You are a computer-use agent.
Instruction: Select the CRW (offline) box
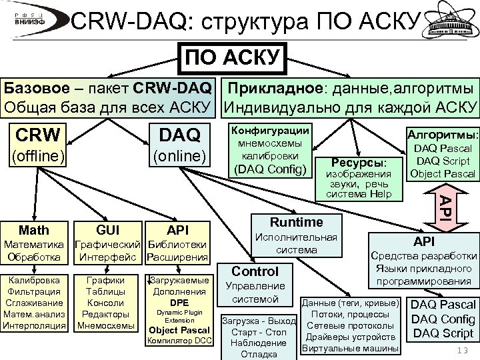tap(38, 145)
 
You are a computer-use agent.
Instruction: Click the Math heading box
tap(34, 231)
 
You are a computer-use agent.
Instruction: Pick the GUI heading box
tap(108, 231)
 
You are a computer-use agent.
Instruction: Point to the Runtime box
tap(297, 222)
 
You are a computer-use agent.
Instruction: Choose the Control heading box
tap(255, 271)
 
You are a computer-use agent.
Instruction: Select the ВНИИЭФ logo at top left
tap(31, 19)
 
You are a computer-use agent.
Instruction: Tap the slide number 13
tap(460, 351)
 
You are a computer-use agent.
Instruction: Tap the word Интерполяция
tap(35, 326)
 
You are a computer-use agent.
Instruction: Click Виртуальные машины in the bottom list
tap(350, 349)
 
